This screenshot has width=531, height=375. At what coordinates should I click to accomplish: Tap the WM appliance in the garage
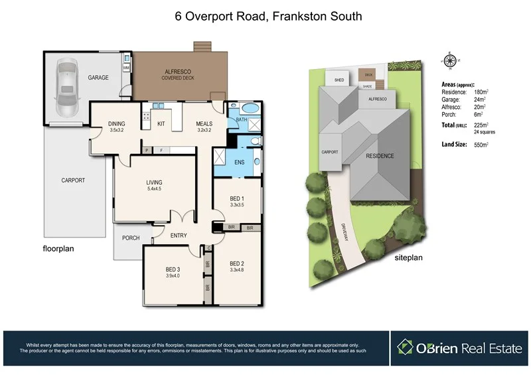pos(126,67)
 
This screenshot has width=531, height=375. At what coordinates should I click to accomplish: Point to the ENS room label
pos(240,161)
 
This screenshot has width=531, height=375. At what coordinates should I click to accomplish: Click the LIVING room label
pos(154,183)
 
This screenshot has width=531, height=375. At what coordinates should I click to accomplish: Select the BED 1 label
pos(236,198)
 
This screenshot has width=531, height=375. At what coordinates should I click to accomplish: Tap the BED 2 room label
pos(237,263)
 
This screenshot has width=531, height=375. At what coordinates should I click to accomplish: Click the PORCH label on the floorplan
pos(131,238)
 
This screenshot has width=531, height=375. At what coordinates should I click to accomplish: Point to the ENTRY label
pos(179,235)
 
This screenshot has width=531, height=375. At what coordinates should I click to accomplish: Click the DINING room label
pos(117,123)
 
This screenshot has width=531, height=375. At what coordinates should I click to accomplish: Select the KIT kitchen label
pos(161,123)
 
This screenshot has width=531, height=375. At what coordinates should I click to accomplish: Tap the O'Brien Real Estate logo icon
pos(406,347)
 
